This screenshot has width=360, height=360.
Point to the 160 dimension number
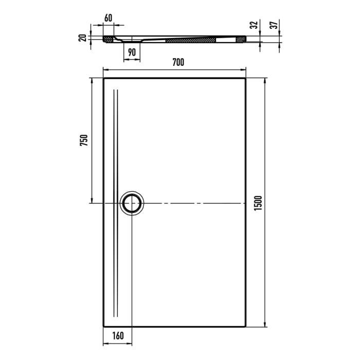pyautogui.click(x=118, y=336)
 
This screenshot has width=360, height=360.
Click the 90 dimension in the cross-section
pyautogui.click(x=132, y=51)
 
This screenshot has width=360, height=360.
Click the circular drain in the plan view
pyautogui.click(x=133, y=203)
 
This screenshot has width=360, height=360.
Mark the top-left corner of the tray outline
pyautogui.click(x=104, y=78)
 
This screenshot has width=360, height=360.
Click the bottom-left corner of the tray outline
pyautogui.click(x=104, y=327)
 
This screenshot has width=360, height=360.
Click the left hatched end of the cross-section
pyautogui.click(x=108, y=39)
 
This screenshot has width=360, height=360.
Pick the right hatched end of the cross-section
pyautogui.click(x=240, y=39)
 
